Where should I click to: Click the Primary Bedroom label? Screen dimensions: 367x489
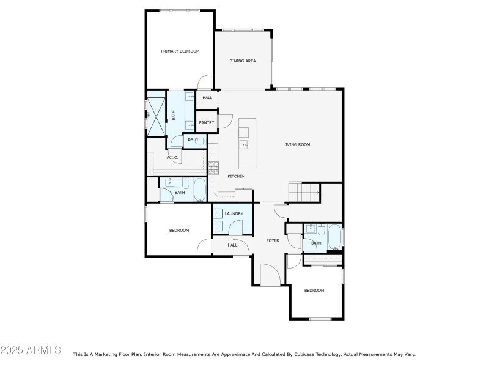click(180, 51)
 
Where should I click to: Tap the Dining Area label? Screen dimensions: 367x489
click(242, 61)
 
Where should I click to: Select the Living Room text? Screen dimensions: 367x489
click(296, 145)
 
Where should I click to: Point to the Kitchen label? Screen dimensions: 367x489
click(236, 176)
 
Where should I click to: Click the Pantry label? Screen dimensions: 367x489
click(206, 122)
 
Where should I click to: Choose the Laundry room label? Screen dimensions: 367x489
click(233, 213)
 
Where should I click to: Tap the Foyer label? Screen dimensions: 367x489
click(273, 240)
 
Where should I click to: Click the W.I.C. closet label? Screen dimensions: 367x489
click(172, 158)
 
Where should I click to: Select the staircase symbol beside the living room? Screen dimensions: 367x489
click(304, 192)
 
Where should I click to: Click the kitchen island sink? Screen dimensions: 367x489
click(244, 145)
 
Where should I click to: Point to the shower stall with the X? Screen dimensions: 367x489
click(157, 114)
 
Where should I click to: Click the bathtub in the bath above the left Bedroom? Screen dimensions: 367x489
click(199, 190)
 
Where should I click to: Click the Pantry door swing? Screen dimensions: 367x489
click(226, 121)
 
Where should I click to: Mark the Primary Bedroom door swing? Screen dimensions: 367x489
click(205, 81)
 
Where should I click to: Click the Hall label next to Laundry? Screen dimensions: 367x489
click(232, 245)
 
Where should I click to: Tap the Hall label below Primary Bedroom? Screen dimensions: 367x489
click(207, 98)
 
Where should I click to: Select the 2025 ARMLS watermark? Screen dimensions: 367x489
click(31, 350)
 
